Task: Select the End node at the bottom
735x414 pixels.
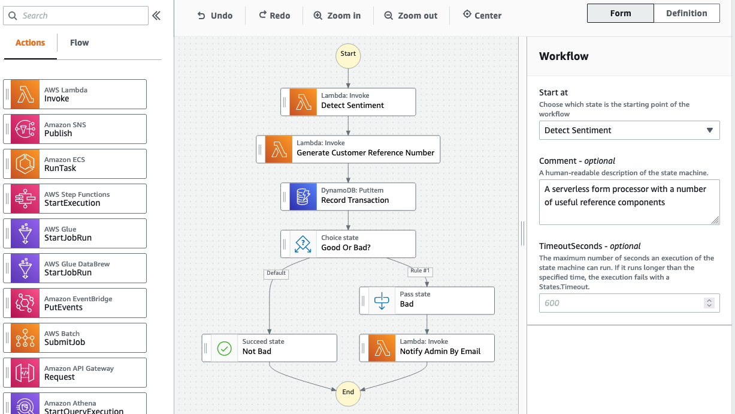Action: (x=348, y=392)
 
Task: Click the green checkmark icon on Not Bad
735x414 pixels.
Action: (x=225, y=348)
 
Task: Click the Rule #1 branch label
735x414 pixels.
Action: (x=420, y=271)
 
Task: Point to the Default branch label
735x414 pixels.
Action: (x=276, y=273)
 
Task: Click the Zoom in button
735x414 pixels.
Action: (x=337, y=16)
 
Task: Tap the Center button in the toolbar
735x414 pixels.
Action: (x=482, y=16)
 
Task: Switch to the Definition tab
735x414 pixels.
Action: (x=686, y=13)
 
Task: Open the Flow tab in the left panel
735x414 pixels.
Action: (x=79, y=43)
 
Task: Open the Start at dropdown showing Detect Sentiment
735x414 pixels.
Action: (x=629, y=130)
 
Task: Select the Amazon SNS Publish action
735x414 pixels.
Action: (x=75, y=129)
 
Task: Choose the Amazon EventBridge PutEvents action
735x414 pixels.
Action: (x=75, y=303)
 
